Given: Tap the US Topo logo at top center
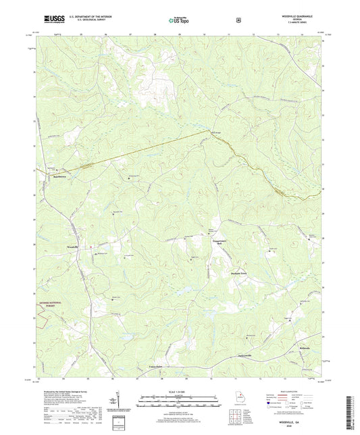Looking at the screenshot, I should [x=179, y=21].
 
